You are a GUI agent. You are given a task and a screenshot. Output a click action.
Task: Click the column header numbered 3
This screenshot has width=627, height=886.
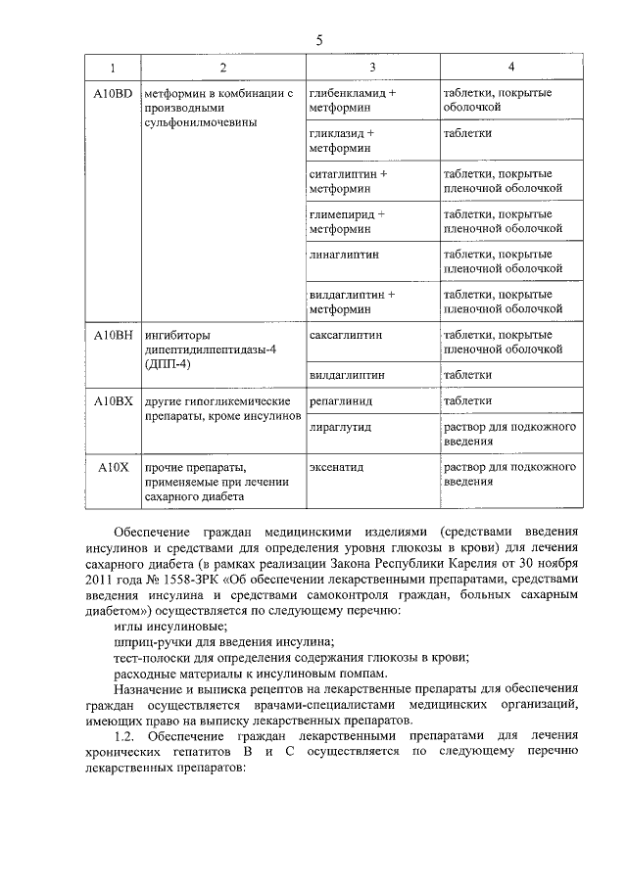click(x=371, y=68)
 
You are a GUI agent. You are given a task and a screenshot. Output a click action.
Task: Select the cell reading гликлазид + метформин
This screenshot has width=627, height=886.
click(x=340, y=140)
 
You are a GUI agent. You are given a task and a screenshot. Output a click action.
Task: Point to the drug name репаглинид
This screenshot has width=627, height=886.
click(x=340, y=400)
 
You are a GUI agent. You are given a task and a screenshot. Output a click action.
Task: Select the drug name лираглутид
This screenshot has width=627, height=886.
click(x=339, y=427)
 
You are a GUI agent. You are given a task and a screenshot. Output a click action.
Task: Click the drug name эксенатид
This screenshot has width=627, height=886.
click(x=336, y=467)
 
